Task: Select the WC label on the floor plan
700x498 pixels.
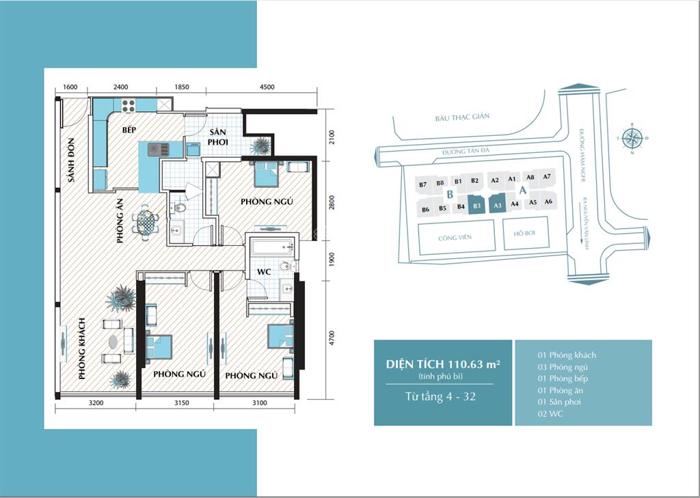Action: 265,272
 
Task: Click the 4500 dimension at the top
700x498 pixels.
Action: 267,87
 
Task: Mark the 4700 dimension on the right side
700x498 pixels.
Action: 331,339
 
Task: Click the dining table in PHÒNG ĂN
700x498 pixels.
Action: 146,221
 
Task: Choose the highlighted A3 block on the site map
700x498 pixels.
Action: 498,205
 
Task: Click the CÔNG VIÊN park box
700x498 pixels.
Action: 457,237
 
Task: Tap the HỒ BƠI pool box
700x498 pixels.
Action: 526,234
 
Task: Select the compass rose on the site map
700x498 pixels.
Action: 632,139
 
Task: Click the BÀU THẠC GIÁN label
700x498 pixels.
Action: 462,117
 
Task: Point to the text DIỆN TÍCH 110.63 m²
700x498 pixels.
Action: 442,364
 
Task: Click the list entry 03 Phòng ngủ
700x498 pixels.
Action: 563,367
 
